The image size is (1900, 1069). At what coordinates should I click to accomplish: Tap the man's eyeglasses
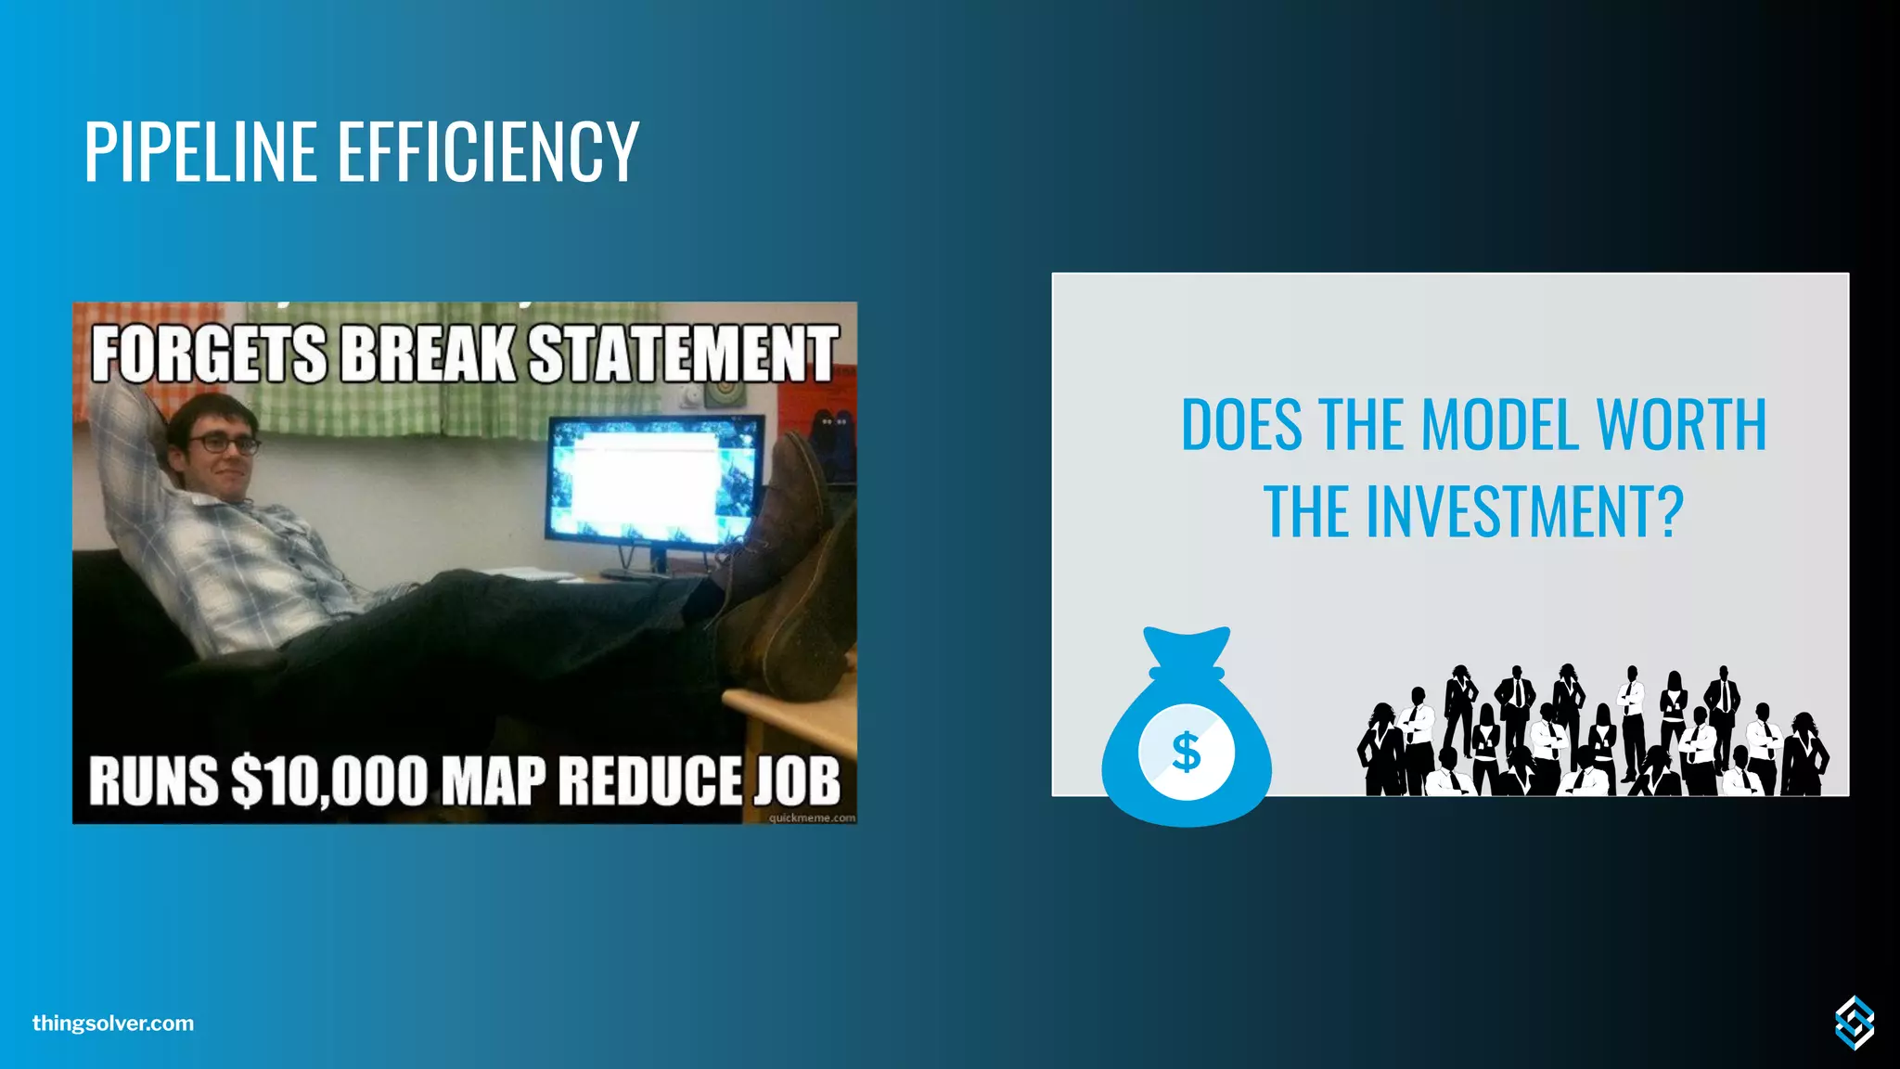223,444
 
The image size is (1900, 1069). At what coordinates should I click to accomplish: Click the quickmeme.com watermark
812,818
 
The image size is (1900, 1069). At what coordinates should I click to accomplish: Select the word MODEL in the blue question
1500,425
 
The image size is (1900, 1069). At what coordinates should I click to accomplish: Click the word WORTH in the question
1680,425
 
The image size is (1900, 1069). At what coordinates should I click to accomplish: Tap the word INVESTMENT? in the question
1522,511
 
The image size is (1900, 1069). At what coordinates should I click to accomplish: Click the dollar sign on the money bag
1186,752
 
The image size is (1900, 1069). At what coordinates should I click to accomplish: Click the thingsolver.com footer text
113,1024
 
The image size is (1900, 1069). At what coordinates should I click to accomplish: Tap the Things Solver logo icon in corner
1854,1023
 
